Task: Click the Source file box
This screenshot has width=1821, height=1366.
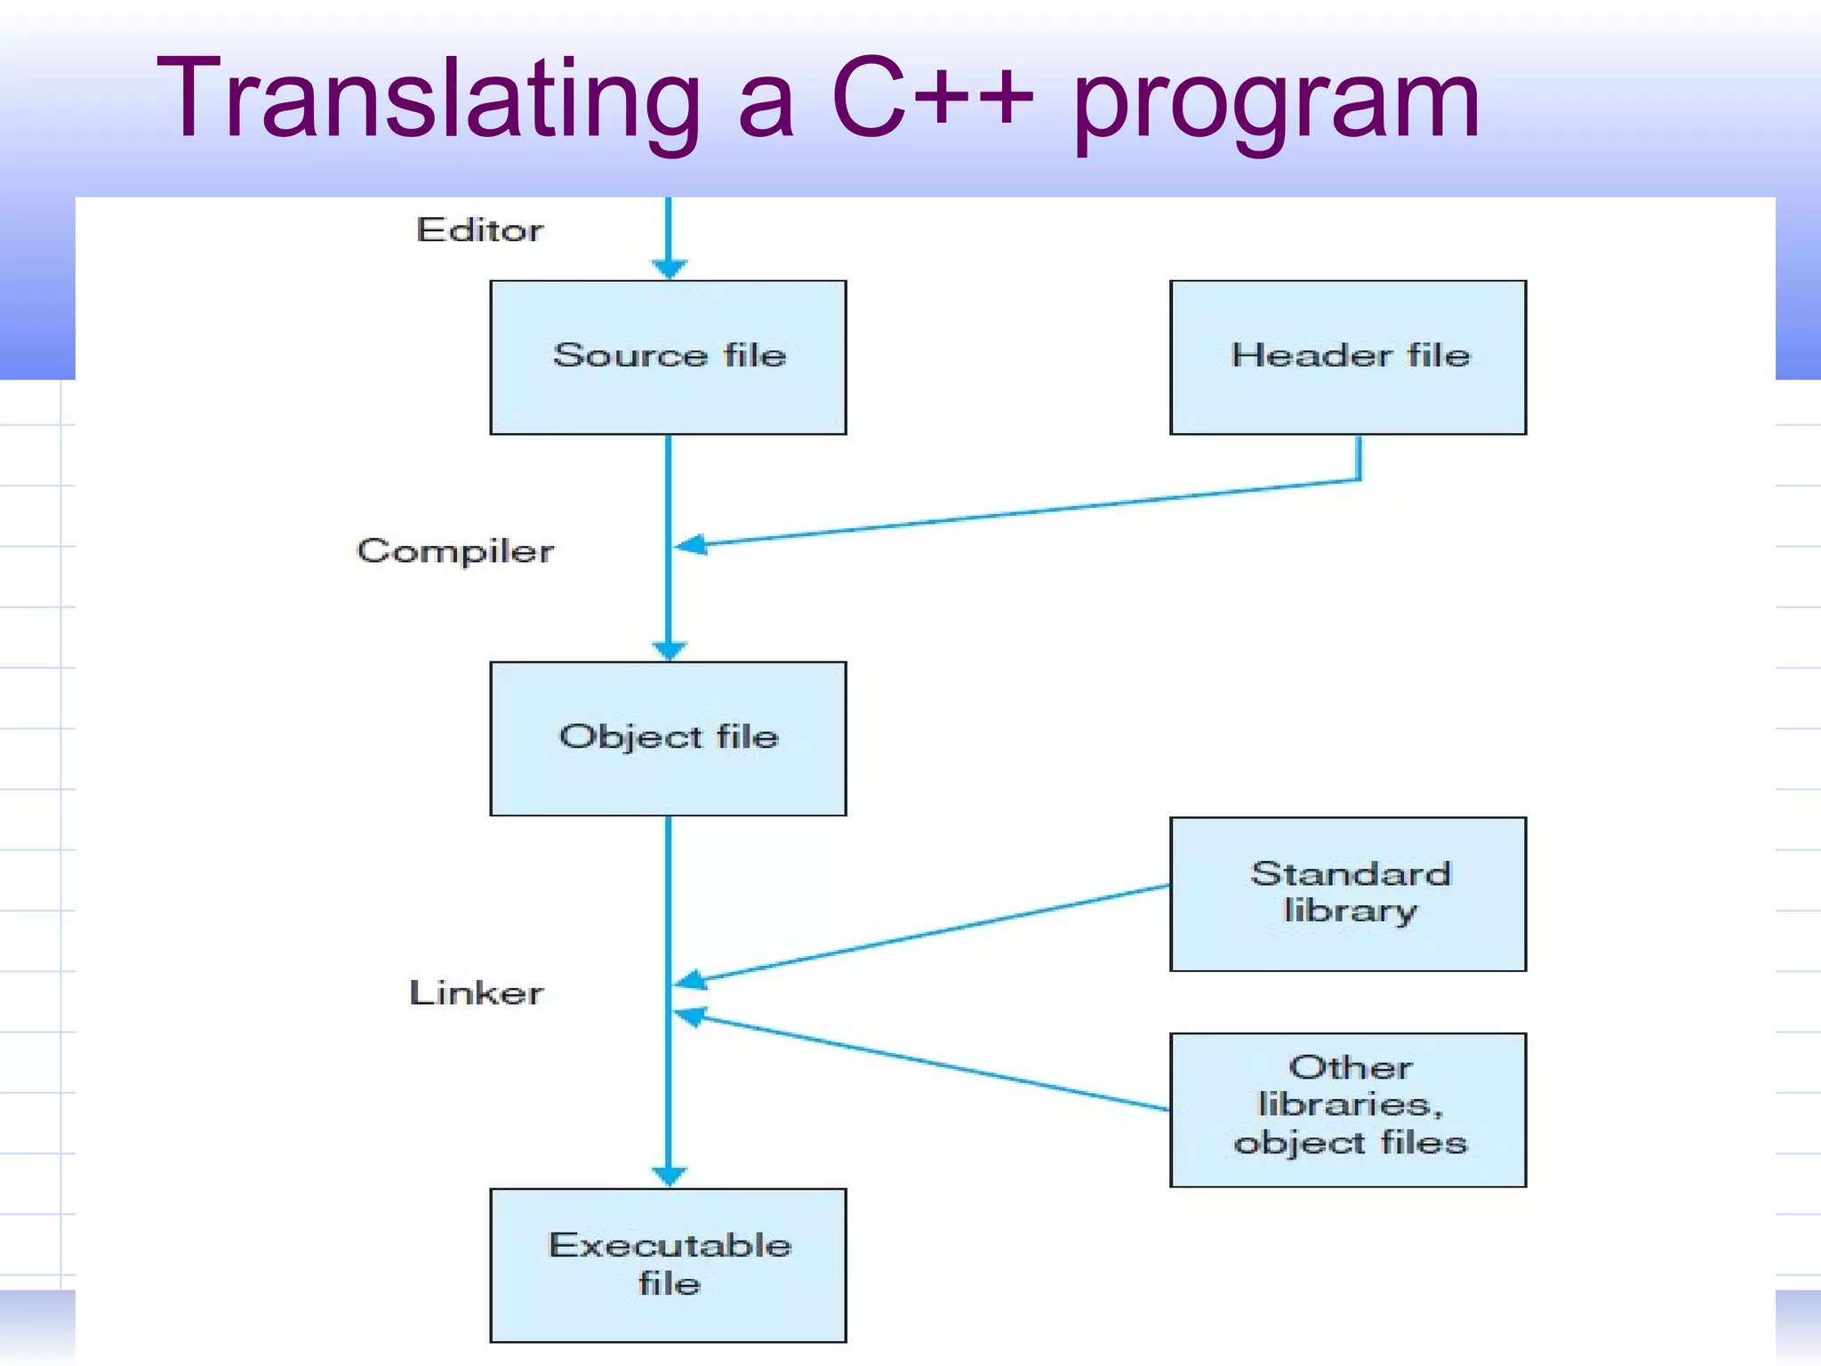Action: coord(668,358)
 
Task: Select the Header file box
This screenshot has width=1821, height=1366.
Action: coord(1348,358)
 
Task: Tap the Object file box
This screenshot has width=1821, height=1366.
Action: coord(668,738)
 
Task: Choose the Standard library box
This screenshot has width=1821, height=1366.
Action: coord(1348,894)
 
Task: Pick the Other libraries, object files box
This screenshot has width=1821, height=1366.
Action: coord(1348,1109)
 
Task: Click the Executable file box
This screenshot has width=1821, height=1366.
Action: coord(668,1265)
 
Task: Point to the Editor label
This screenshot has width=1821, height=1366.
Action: coord(479,230)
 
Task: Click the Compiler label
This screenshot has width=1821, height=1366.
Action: coord(455,550)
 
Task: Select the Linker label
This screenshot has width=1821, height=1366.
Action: coord(476,992)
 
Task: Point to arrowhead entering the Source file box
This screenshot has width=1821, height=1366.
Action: coord(669,268)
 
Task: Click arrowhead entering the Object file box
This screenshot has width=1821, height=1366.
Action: coord(669,650)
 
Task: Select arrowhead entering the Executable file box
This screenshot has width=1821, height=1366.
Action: coord(669,1176)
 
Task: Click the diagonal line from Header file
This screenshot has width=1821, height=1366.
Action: coord(1023,513)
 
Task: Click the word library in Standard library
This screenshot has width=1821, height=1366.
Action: coord(1350,912)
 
